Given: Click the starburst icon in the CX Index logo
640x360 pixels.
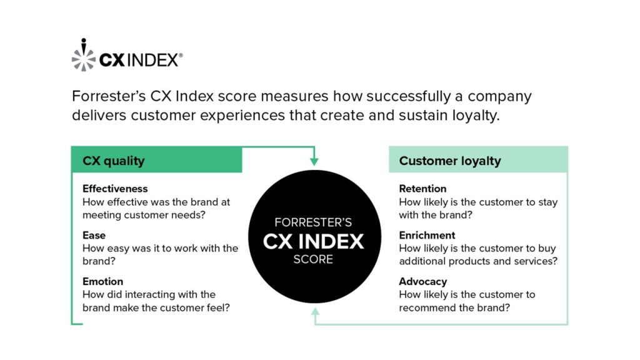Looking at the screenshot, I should [x=83, y=56].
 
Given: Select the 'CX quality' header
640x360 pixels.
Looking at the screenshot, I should [x=114, y=161].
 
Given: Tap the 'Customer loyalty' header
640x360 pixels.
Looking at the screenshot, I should [x=450, y=161].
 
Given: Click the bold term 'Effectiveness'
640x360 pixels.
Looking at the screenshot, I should [x=115, y=189].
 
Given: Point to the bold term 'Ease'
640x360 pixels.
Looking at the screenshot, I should [x=94, y=236].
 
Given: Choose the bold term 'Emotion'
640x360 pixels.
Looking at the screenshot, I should [x=102, y=282].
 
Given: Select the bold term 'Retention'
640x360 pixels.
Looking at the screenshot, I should [x=422, y=189].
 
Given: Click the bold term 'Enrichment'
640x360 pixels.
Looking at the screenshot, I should [x=427, y=236].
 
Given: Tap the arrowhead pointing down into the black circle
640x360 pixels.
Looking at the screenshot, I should [x=314, y=161].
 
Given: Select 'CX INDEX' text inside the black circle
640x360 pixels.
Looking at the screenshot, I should [x=314, y=241].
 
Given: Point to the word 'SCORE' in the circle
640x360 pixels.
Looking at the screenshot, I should [x=314, y=259].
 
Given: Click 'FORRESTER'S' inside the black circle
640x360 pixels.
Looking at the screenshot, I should [x=314, y=222].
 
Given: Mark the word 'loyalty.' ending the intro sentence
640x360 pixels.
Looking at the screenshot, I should [x=476, y=116].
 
